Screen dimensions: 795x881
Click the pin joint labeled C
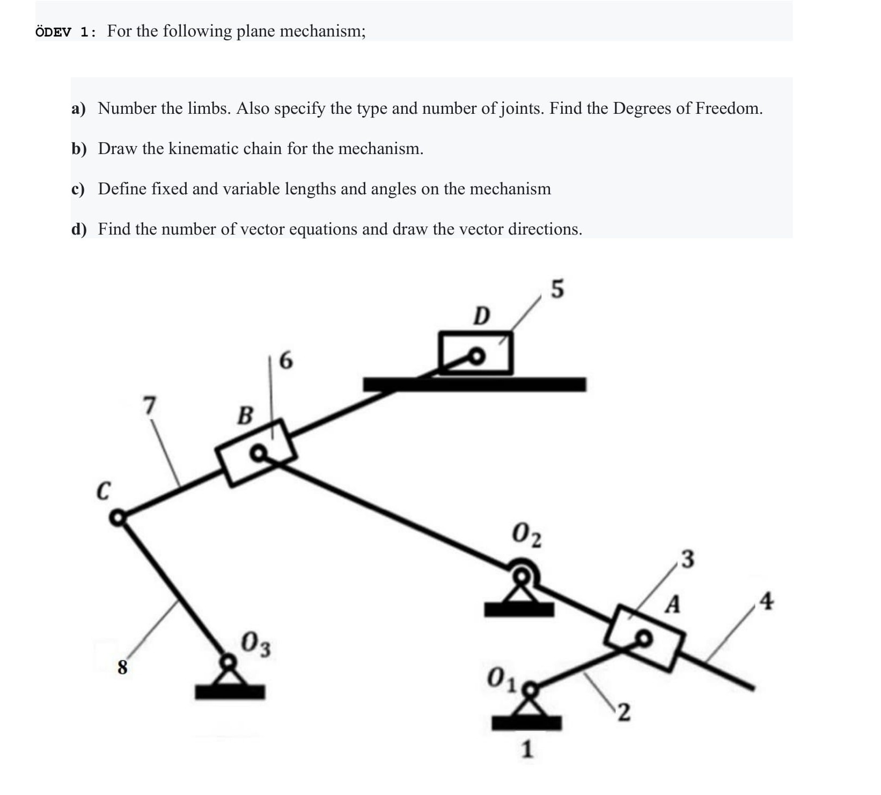117,518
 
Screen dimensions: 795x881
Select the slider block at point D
475,353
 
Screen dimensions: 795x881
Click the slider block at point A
644,638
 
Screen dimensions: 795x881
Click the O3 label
256,645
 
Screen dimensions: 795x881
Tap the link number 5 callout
557,289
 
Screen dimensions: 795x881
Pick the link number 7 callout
150,405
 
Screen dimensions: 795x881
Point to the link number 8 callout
122,667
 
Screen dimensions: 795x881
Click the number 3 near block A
687,559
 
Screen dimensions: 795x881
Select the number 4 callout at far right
767,601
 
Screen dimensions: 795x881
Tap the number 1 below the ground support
527,749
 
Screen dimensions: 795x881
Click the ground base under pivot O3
230,692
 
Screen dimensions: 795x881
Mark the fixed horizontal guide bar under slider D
474,384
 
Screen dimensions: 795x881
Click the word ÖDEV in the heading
53,32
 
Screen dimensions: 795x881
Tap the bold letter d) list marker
79,230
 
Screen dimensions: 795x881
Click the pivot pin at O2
521,577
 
